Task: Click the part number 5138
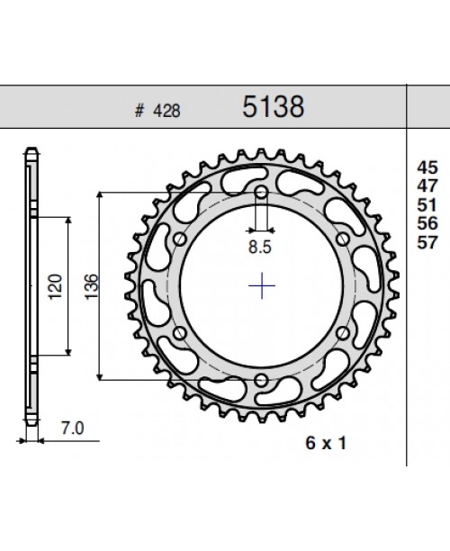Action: pyautogui.click(x=274, y=108)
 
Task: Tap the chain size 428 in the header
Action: pyautogui.click(x=167, y=112)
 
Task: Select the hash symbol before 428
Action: pyautogui.click(x=139, y=112)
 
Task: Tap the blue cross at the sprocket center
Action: pyautogui.click(x=262, y=286)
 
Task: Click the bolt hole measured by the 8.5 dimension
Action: pyautogui.click(x=262, y=193)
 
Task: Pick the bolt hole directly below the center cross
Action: pyautogui.click(x=262, y=380)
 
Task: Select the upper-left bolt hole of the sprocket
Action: pyautogui.click(x=181, y=239)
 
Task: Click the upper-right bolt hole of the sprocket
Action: pyautogui.click(x=343, y=239)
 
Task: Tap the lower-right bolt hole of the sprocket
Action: pyautogui.click(x=343, y=333)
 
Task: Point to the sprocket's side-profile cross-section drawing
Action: pyautogui.click(x=31, y=288)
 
